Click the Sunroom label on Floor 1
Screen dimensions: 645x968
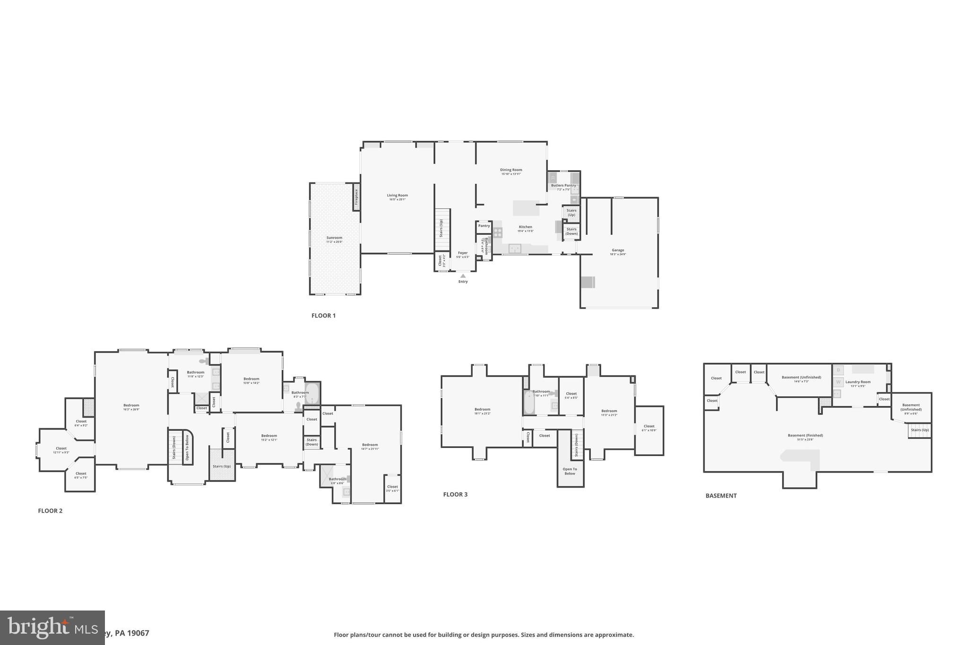point(334,238)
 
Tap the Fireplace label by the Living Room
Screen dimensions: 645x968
point(356,197)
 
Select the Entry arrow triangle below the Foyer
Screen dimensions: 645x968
point(463,276)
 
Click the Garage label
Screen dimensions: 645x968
point(618,250)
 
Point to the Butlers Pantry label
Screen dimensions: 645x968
point(563,186)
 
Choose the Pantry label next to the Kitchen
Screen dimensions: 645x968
point(484,226)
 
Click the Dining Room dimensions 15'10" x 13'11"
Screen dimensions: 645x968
point(511,174)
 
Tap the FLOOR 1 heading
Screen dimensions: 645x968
point(323,316)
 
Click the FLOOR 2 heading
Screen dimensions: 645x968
point(50,511)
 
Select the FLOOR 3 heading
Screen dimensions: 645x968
point(455,495)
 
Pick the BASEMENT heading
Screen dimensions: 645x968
point(721,496)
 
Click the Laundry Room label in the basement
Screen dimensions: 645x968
point(858,382)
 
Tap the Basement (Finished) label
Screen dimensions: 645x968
point(805,436)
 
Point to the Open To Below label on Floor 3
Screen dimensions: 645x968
point(570,471)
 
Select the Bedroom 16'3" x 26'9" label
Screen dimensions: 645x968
point(131,405)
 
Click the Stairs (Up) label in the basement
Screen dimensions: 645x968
point(920,430)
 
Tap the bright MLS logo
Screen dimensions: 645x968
point(52,627)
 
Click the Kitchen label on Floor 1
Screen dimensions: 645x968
point(525,227)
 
